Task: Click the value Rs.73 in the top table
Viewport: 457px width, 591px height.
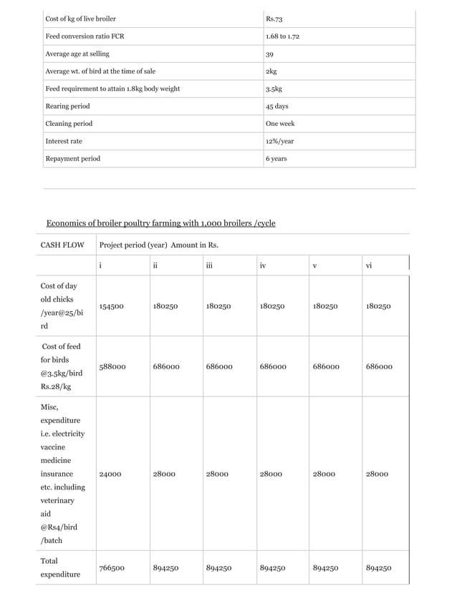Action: (x=274, y=18)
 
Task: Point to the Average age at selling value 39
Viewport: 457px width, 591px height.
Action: (x=269, y=54)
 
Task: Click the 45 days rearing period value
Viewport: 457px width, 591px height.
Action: (x=276, y=106)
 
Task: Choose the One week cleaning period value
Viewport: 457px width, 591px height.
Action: (x=279, y=124)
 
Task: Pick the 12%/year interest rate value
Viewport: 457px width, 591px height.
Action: (x=279, y=141)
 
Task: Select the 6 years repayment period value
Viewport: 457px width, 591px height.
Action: (x=276, y=158)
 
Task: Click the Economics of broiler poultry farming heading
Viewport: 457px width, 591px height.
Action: (x=160, y=223)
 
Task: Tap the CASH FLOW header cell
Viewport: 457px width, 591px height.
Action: (x=62, y=245)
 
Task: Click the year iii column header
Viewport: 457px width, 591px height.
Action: (x=208, y=265)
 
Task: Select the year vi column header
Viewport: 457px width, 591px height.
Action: (x=369, y=265)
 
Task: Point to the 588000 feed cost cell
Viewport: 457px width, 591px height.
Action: (x=112, y=366)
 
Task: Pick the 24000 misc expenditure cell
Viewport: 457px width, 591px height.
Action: (x=110, y=474)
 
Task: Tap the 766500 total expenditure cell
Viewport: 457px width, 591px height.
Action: (x=112, y=568)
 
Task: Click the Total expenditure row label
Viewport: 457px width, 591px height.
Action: (x=60, y=567)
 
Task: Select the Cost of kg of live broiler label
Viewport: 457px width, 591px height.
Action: (x=80, y=18)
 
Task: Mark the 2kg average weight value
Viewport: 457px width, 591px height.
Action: (x=271, y=71)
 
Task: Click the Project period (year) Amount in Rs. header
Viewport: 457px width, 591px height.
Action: (x=159, y=245)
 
